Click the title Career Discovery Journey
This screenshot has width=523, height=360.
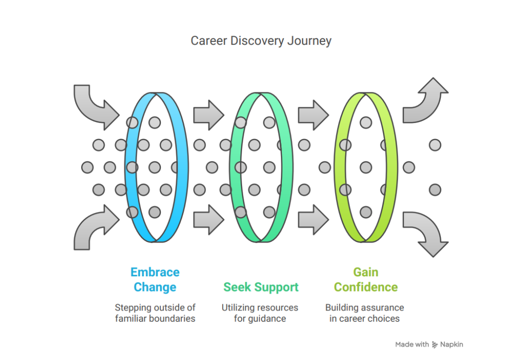(261, 41)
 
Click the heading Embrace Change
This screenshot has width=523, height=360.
(155, 279)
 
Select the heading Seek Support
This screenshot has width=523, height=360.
(261, 287)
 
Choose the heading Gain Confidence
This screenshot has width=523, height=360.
(366, 279)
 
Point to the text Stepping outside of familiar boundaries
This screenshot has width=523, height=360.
(155, 313)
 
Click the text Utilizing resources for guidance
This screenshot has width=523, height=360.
(260, 313)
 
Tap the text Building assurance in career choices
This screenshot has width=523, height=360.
(365, 313)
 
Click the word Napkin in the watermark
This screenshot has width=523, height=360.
(451, 344)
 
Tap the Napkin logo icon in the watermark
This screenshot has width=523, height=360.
(435, 345)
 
